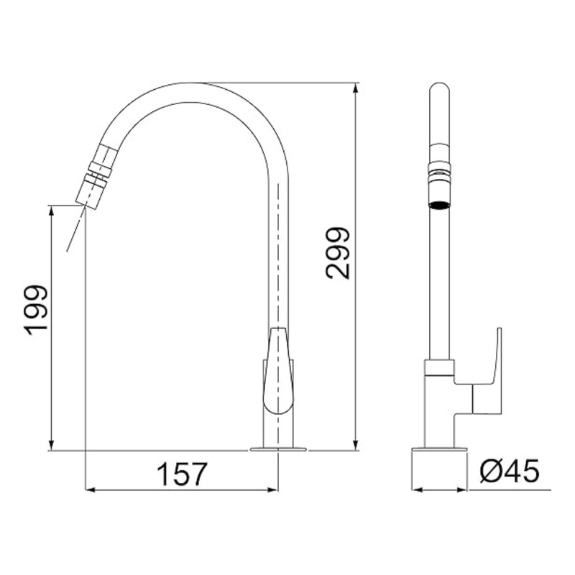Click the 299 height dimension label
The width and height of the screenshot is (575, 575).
click(338, 254)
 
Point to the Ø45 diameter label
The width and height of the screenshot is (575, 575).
click(510, 471)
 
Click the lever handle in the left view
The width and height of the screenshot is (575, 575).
click(278, 371)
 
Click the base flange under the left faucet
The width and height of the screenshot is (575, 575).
click(278, 449)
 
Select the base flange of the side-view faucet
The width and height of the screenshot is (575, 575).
click(439, 449)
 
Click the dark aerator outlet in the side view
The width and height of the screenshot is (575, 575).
click(439, 205)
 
